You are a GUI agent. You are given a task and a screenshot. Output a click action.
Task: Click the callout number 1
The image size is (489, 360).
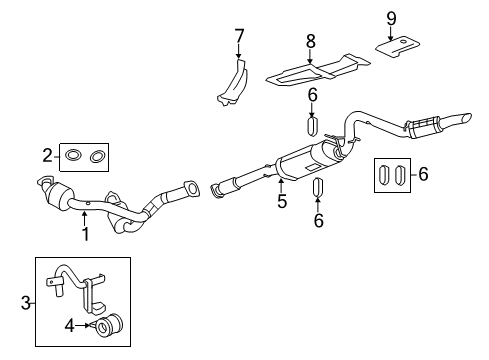click(x=85, y=234)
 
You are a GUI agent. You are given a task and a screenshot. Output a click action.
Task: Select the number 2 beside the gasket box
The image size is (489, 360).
click(x=46, y=154)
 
